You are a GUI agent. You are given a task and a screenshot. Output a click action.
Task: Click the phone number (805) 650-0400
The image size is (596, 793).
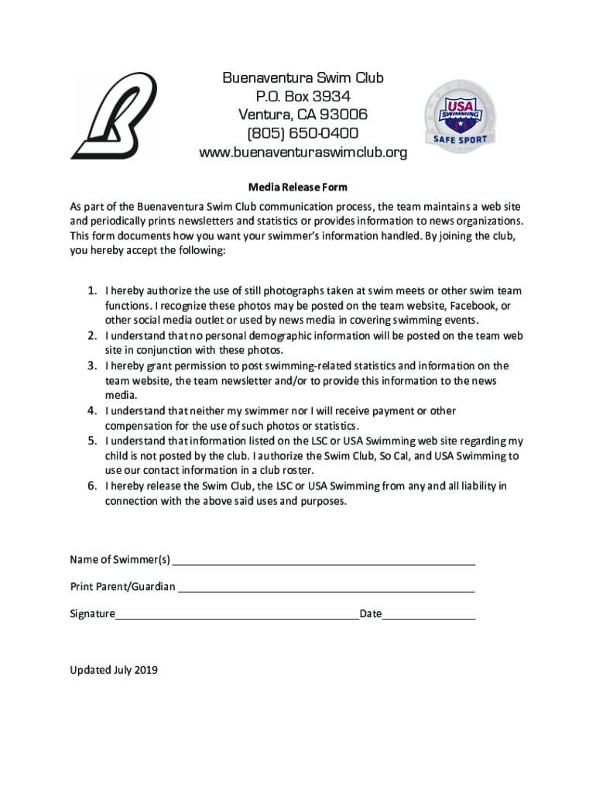(303, 133)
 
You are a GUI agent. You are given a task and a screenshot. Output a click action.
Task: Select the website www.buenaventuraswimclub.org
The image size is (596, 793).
(303, 153)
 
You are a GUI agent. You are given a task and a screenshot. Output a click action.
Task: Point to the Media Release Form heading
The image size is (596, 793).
(297, 187)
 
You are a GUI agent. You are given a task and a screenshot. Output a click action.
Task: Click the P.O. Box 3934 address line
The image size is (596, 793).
(303, 96)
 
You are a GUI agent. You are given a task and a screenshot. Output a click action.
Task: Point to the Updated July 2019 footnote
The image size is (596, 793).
(114, 670)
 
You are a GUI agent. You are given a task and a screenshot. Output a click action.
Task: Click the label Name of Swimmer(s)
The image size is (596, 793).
(120, 560)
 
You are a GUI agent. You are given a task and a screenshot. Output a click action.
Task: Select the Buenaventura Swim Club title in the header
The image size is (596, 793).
(303, 77)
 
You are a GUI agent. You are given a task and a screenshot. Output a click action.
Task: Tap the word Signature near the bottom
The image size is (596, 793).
(92, 614)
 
